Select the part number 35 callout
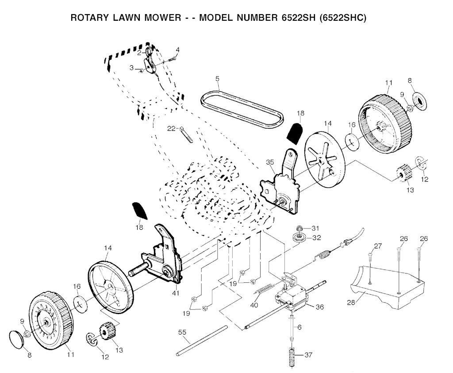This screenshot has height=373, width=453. tap(270, 162)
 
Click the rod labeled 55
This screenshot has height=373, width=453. tap(201, 339)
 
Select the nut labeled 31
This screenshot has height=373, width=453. tap(299, 228)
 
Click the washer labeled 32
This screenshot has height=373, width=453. tap(298, 238)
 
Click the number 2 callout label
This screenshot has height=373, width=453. tap(138, 53)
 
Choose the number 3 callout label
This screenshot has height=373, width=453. tap(131, 68)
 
